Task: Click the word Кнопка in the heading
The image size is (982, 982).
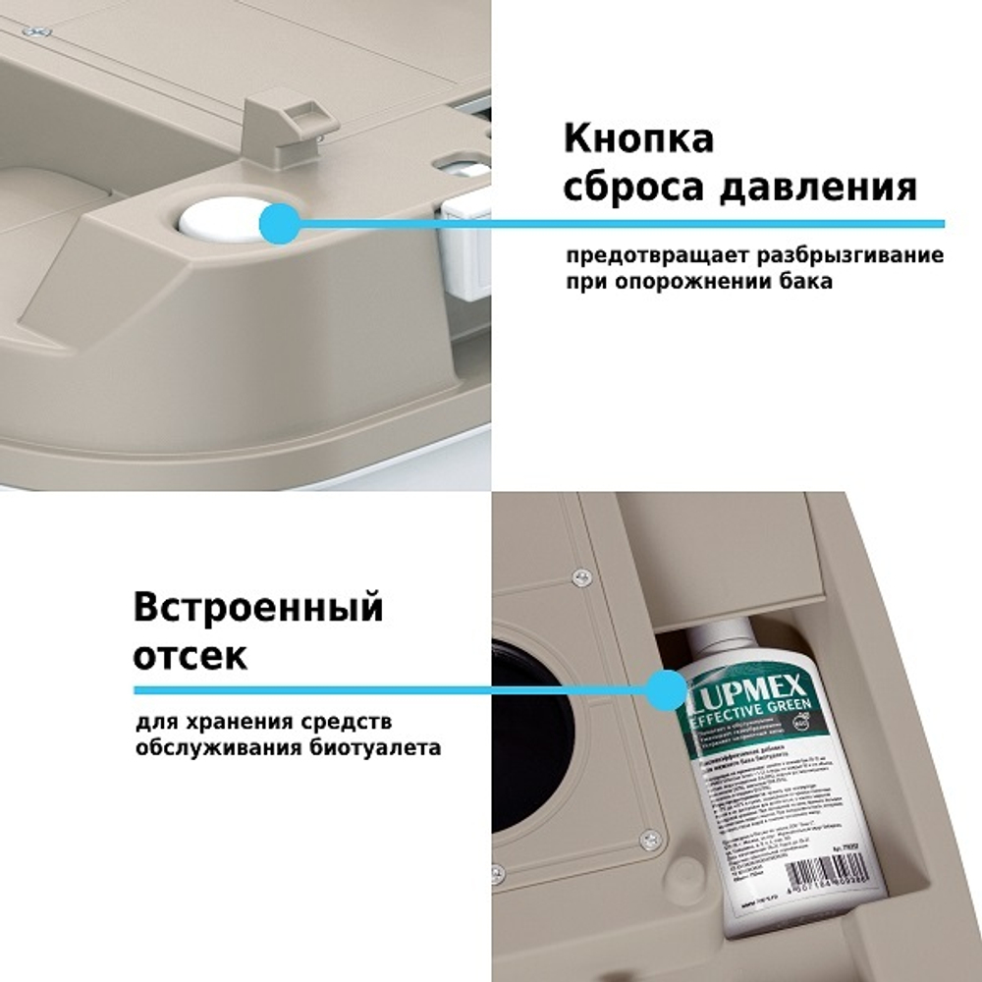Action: (638, 138)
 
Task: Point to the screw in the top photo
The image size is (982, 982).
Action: (39, 32)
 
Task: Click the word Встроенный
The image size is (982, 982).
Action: (258, 609)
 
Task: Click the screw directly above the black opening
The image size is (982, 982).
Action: (581, 577)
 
